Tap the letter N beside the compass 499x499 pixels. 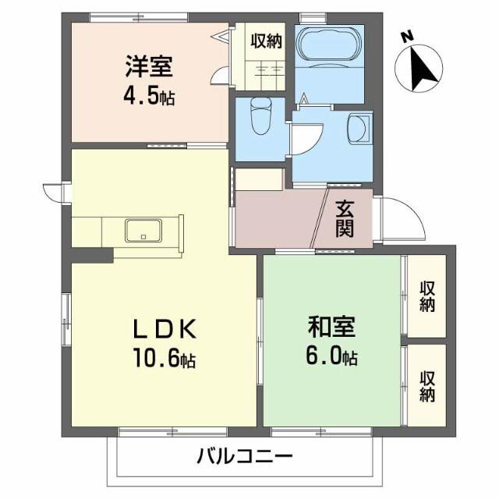tap(406, 37)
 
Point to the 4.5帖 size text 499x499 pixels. tap(148, 96)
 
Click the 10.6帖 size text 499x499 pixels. tap(164, 360)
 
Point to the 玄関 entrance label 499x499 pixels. tap(345, 219)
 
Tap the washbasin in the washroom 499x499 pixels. tap(358, 129)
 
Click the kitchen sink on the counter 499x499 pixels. tap(143, 231)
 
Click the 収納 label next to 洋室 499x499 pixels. tap(265, 41)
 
